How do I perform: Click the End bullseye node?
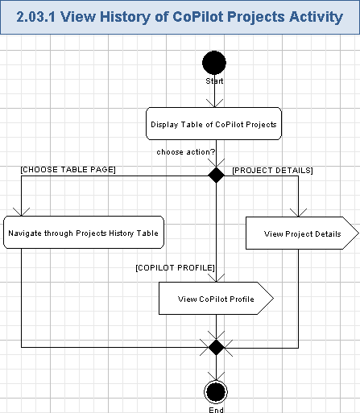click(215, 392)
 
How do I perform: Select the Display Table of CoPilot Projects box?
click(214, 124)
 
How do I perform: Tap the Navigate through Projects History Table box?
click(84, 233)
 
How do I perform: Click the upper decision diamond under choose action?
click(215, 175)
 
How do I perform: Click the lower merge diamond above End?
click(215, 347)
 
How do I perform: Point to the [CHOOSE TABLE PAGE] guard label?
click(68, 169)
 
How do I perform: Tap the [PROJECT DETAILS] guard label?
click(272, 170)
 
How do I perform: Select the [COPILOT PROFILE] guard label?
click(175, 266)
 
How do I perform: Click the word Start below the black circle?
click(214, 81)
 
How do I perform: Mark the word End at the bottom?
click(216, 409)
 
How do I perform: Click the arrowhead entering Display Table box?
click(214, 102)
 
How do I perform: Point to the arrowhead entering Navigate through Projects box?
click(21, 211)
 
